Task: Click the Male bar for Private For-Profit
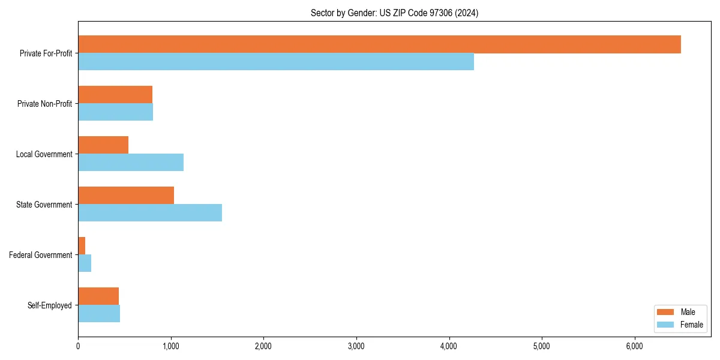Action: coord(379,44)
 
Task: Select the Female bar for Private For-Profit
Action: coord(276,62)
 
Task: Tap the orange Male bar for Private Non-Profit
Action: coord(115,95)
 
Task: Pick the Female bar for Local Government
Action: coord(131,163)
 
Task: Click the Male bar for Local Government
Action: coord(103,145)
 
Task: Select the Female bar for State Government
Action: coord(150,213)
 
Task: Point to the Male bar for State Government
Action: coord(126,196)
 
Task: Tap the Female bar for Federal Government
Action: coord(85,263)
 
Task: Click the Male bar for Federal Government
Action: coord(82,246)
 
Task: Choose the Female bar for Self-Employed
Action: coord(99,314)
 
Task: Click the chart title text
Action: coord(394,13)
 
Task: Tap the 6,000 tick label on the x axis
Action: coord(634,346)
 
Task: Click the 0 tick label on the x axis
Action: coord(78,346)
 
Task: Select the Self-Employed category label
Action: coord(50,305)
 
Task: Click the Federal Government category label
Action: coord(41,255)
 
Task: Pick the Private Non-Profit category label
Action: coord(44,104)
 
